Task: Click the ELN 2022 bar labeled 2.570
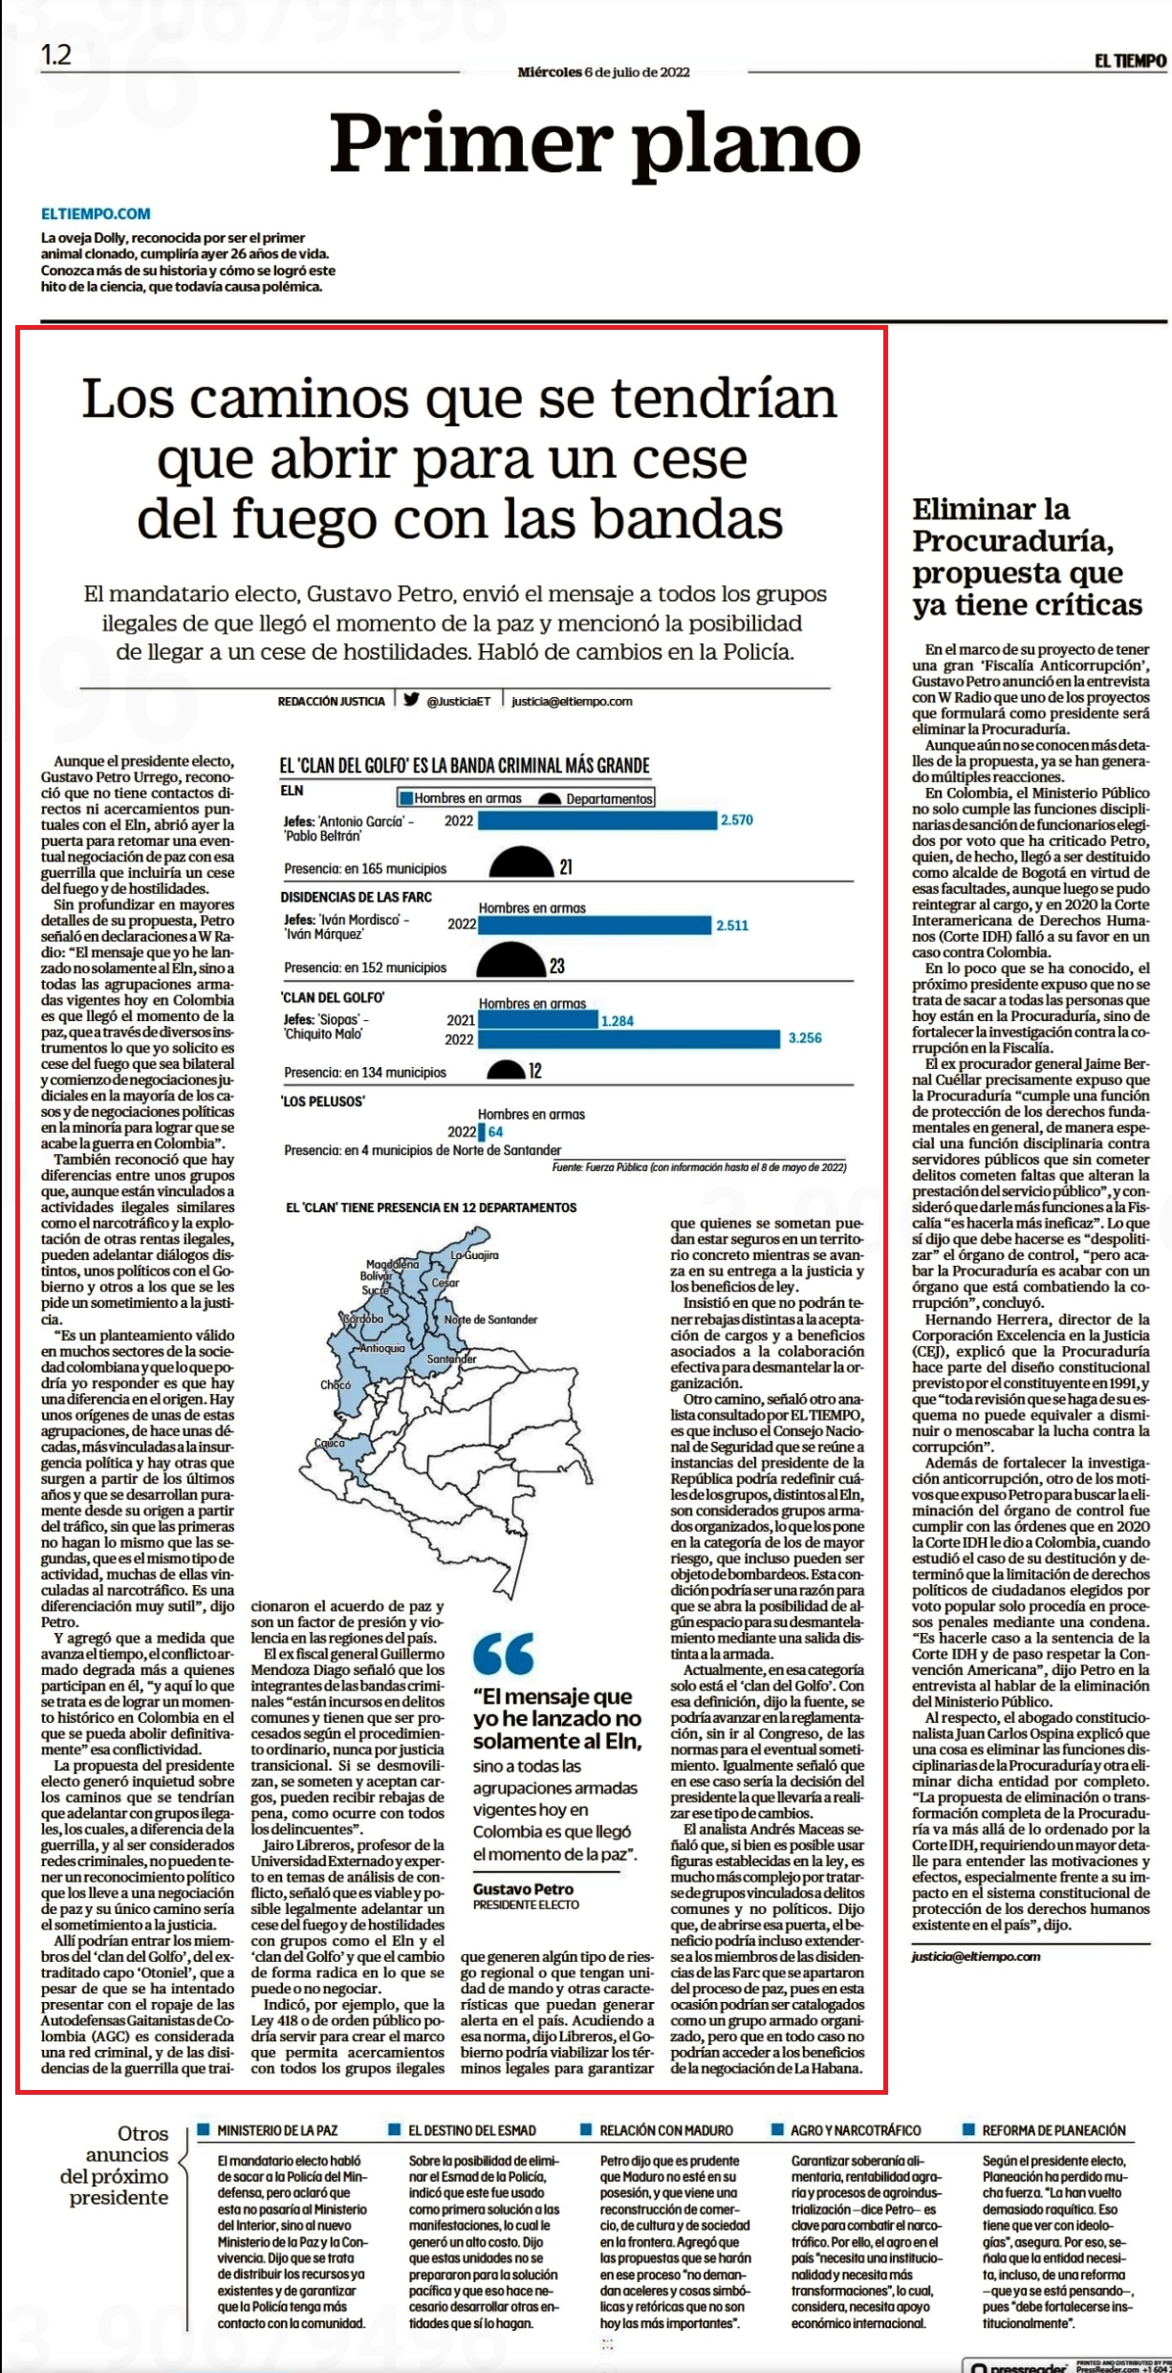point(597,820)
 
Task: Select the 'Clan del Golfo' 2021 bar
point(538,1020)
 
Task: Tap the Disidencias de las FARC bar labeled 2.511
point(595,925)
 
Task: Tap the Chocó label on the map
point(336,1384)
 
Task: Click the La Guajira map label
point(475,1254)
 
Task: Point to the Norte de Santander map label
point(491,1319)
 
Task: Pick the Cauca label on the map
point(329,1443)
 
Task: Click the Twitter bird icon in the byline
point(411,699)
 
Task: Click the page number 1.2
point(56,54)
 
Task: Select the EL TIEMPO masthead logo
point(1131,61)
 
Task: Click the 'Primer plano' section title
point(596,143)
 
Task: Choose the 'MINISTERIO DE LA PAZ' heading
point(277,2130)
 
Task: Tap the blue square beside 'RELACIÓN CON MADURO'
point(586,2129)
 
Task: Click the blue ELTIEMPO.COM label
point(96,214)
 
